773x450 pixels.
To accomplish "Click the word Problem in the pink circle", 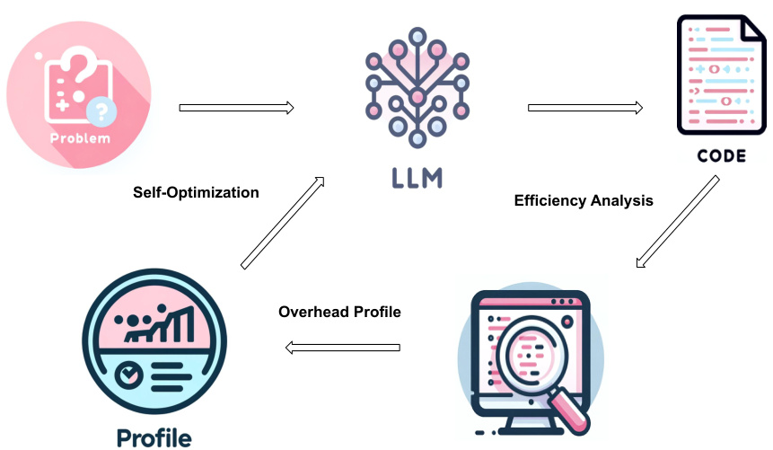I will click(x=80, y=138).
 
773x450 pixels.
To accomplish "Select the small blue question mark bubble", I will click(x=101, y=112).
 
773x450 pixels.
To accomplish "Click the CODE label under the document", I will click(x=721, y=156).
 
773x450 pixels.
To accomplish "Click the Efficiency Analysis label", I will click(x=584, y=201).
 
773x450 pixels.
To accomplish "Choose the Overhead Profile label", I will click(x=339, y=313).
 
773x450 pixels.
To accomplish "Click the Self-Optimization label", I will click(x=196, y=192).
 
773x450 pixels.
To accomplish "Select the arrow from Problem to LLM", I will click(x=236, y=108).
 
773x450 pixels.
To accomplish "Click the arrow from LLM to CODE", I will click(x=585, y=108).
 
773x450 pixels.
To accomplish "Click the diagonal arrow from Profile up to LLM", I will click(x=283, y=222).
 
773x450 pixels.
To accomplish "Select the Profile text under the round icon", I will click(x=154, y=437).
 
